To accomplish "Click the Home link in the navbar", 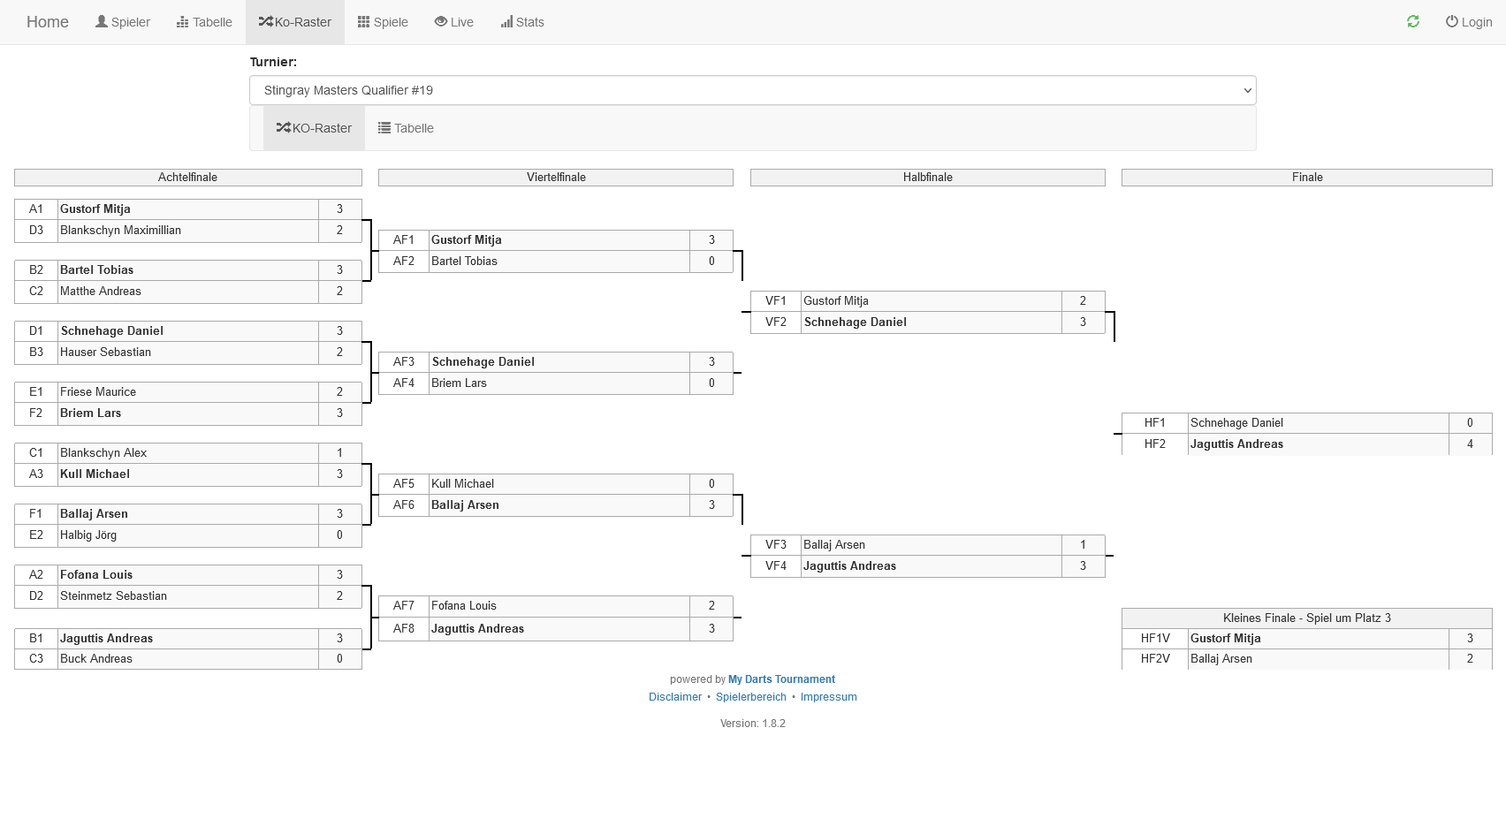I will tap(48, 22).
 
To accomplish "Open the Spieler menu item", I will tap(123, 22).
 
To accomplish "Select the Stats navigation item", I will tap(522, 22).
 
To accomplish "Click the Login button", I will tap(1469, 22).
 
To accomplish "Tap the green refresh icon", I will tap(1413, 21).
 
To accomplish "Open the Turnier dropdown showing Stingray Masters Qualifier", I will tap(752, 90).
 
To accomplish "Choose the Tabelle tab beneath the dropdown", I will tap(406, 128).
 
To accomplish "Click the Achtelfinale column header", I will tap(187, 178).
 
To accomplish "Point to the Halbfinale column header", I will tap(927, 178).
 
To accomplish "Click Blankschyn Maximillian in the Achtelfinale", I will tap(120, 231).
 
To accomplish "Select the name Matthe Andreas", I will tap(101, 292).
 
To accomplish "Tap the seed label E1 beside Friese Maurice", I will tap(36, 392).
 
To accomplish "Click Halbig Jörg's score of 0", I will tap(339, 535).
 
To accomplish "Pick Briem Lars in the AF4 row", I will tap(459, 383).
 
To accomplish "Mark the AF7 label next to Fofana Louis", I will tap(404, 606).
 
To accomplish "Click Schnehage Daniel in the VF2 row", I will tap(855, 322).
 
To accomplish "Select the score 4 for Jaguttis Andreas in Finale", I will tap(1470, 444).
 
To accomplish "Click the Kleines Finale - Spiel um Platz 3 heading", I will tap(1306, 618).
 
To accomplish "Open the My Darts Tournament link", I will tap(781, 679).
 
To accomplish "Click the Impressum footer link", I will tap(828, 697).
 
